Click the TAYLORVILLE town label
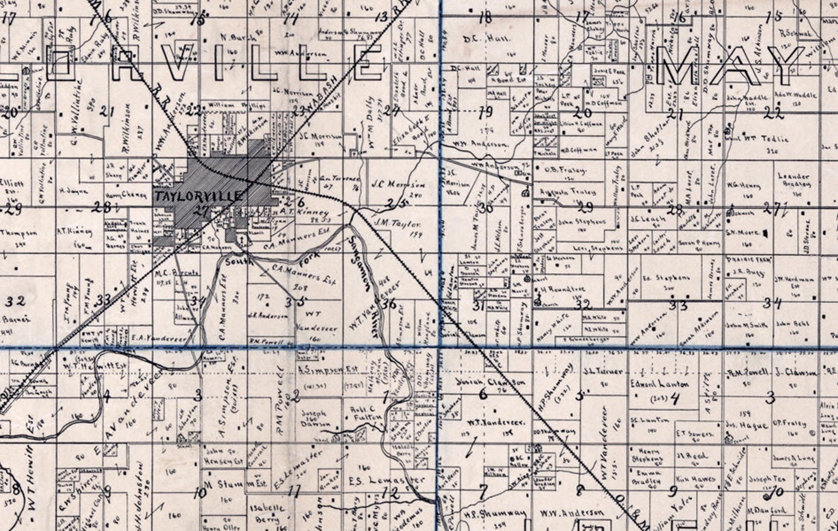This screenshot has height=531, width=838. [199, 196]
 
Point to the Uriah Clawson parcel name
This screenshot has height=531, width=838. [492, 382]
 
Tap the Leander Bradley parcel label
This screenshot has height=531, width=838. [793, 180]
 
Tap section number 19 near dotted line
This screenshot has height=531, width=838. [484, 112]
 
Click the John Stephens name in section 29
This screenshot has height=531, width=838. [580, 222]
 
